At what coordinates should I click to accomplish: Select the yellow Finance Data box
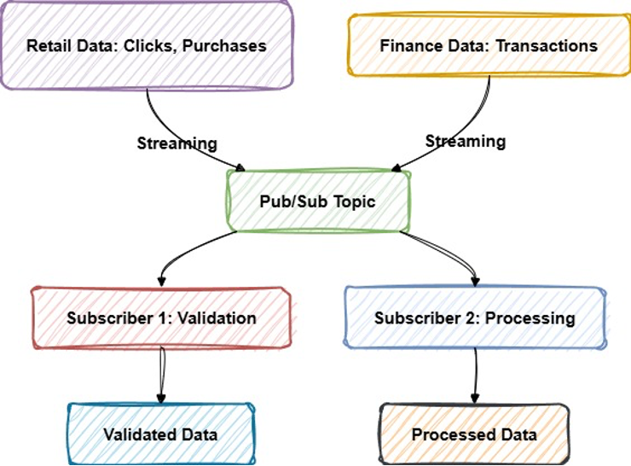pyautogui.click(x=489, y=44)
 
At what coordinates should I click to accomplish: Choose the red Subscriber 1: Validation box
pyautogui.click(x=161, y=317)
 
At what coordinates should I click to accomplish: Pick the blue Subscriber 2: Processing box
pyautogui.click(x=474, y=318)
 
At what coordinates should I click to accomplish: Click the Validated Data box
pyautogui.click(x=160, y=434)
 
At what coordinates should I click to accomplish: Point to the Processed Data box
pyautogui.click(x=474, y=434)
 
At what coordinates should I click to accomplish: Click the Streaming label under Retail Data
pyautogui.click(x=177, y=143)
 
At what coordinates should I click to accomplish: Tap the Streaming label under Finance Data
pyautogui.click(x=466, y=141)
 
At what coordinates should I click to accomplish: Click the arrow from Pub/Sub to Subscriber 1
pyautogui.click(x=188, y=251)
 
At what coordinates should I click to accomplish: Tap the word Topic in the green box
pyautogui.click(x=353, y=202)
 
